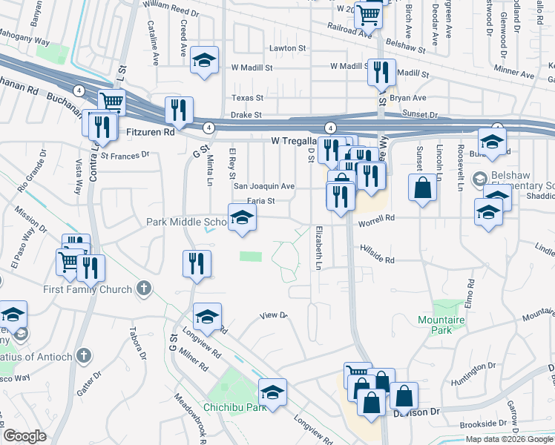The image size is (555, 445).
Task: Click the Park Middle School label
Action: click(x=187, y=222)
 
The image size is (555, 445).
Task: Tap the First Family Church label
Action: click(x=88, y=289)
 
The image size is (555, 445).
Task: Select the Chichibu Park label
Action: click(x=235, y=407)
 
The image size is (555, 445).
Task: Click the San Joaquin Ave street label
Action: click(x=265, y=186)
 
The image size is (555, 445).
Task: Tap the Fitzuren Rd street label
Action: click(x=150, y=132)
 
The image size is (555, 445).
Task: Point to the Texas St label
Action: click(x=248, y=98)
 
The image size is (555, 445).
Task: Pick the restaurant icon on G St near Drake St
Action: click(x=178, y=111)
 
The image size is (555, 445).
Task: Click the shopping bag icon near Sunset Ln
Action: click(x=422, y=188)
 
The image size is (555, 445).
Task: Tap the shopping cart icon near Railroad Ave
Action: click(x=368, y=14)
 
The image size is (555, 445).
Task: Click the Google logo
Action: click(x=25, y=436)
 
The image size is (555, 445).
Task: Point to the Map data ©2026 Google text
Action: click(x=508, y=439)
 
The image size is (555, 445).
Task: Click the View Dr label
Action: click(x=273, y=316)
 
